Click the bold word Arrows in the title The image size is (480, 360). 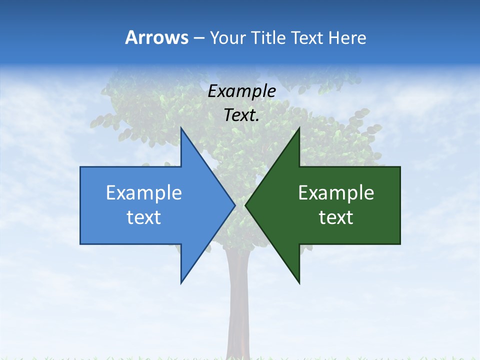pos(156,37)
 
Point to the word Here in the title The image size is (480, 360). pos(347,37)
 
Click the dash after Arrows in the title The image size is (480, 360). pos(198,38)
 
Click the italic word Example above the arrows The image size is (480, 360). pos(242,91)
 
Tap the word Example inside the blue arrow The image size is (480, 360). pos(144,192)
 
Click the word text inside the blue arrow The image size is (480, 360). pos(144,217)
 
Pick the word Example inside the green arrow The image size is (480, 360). pos(336,192)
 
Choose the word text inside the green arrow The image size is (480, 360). pos(336,217)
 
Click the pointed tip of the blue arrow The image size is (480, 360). pos(234,205)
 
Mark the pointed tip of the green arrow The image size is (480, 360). pos(245,205)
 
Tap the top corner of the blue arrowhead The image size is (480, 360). pos(181,128)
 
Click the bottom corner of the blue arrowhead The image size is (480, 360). pos(181,283)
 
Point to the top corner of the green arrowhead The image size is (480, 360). pos(299,128)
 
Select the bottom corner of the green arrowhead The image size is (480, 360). pos(299,283)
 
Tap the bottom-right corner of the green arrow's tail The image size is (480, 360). pos(400,243)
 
